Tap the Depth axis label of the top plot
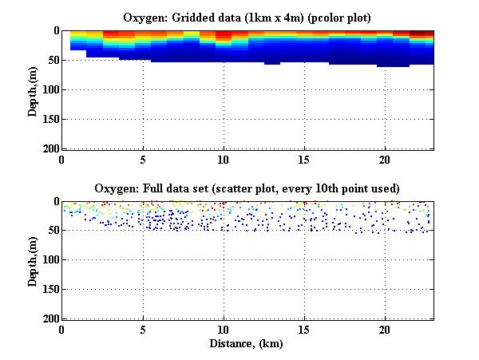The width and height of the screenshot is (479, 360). pos(33,89)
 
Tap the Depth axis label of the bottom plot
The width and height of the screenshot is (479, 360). pos(33,260)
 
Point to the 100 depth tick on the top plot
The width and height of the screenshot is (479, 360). pos(49,89)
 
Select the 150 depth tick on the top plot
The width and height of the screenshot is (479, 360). pos(49,119)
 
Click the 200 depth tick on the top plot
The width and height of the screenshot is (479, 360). pos(49,148)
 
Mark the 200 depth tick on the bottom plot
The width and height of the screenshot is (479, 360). pos(49,318)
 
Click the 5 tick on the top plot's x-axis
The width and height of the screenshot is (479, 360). pos(143,158)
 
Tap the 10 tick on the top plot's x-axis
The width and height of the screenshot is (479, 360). pos(224,158)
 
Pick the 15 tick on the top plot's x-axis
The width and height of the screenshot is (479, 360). pos(304,158)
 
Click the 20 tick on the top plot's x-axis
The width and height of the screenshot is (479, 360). pos(385,158)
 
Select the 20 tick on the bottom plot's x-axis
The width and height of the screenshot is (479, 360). pos(385,329)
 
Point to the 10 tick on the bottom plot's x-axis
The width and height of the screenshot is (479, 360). pos(224,329)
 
